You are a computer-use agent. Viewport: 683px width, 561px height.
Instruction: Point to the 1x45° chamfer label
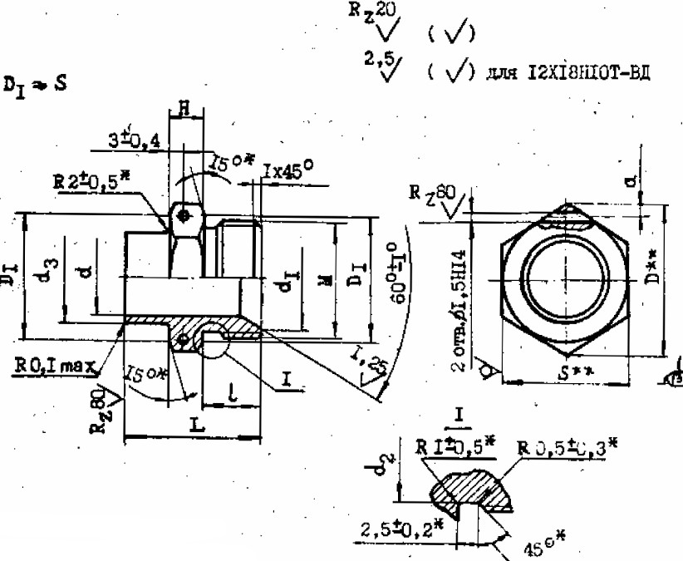tap(287, 170)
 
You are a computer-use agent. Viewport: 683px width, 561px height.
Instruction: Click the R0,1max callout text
tap(53, 364)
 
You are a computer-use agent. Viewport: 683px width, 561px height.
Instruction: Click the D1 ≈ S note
tap(36, 85)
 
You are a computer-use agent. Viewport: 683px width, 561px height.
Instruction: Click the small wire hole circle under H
tap(185, 215)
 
